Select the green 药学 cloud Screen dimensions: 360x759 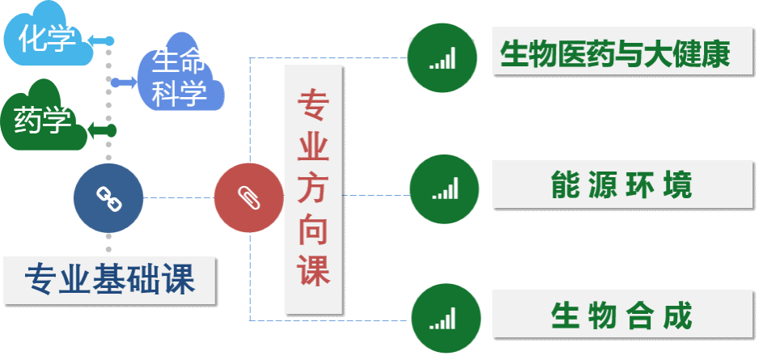(x=43, y=121)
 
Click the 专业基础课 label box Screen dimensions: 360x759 (x=108, y=280)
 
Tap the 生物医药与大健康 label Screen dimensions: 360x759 (x=614, y=55)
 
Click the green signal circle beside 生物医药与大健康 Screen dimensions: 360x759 (x=442, y=57)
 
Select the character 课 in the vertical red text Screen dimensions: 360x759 (x=312, y=269)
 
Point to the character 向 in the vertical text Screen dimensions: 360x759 (x=312, y=230)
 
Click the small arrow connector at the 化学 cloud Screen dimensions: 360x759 (x=100, y=40)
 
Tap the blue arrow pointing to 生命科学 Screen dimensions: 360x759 (x=122, y=82)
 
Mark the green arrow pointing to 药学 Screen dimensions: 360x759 (x=102, y=129)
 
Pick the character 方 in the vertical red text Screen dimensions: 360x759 (x=312, y=189)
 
